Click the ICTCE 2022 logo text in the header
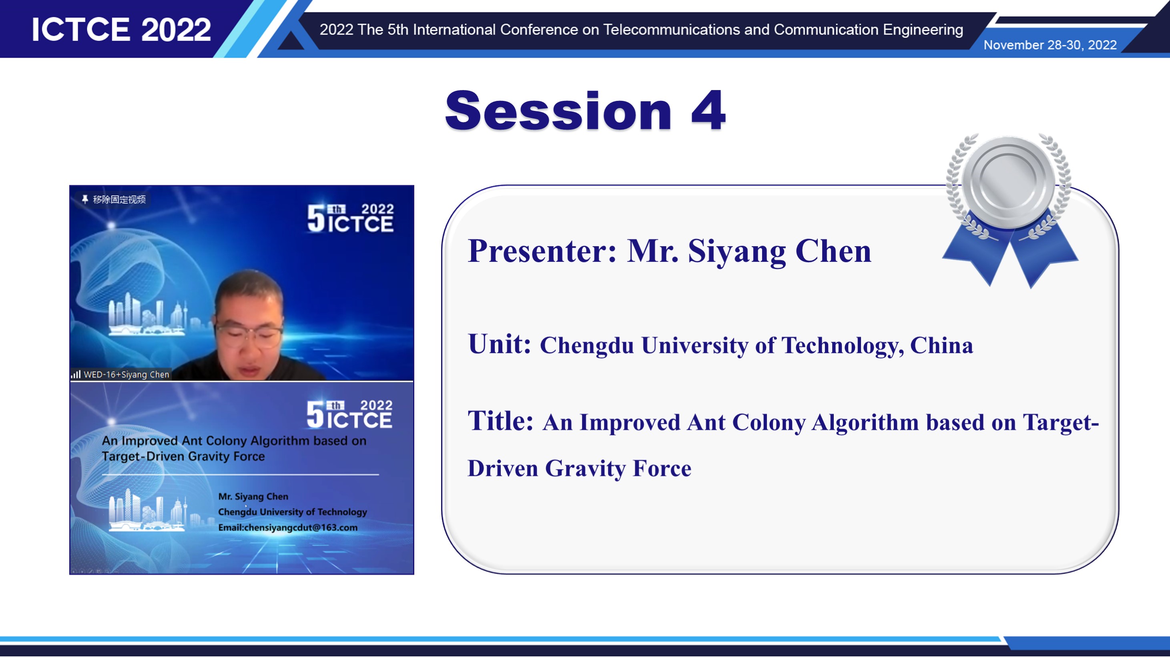click(121, 30)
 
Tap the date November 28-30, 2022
click(1050, 45)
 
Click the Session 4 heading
click(585, 110)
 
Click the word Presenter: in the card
click(542, 251)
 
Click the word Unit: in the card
click(499, 344)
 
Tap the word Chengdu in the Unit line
click(586, 345)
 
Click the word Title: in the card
click(500, 421)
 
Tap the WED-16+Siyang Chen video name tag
click(120, 374)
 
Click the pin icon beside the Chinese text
click(85, 199)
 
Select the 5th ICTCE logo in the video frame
click(350, 218)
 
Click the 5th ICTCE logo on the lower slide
click(349, 414)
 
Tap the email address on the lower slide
click(287, 527)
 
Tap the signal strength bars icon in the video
click(76, 375)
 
